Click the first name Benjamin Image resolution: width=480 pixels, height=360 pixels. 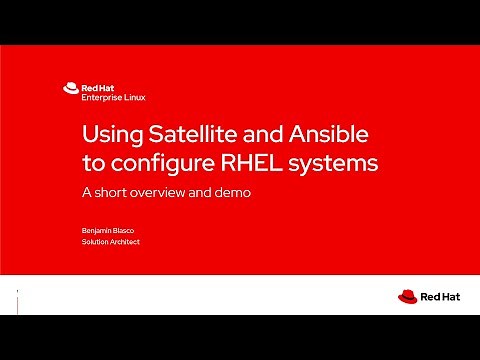pyautogui.click(x=99, y=230)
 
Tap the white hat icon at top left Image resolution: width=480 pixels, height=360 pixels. pyautogui.click(x=70, y=87)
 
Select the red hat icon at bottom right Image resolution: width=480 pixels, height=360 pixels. pyautogui.click(x=407, y=296)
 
